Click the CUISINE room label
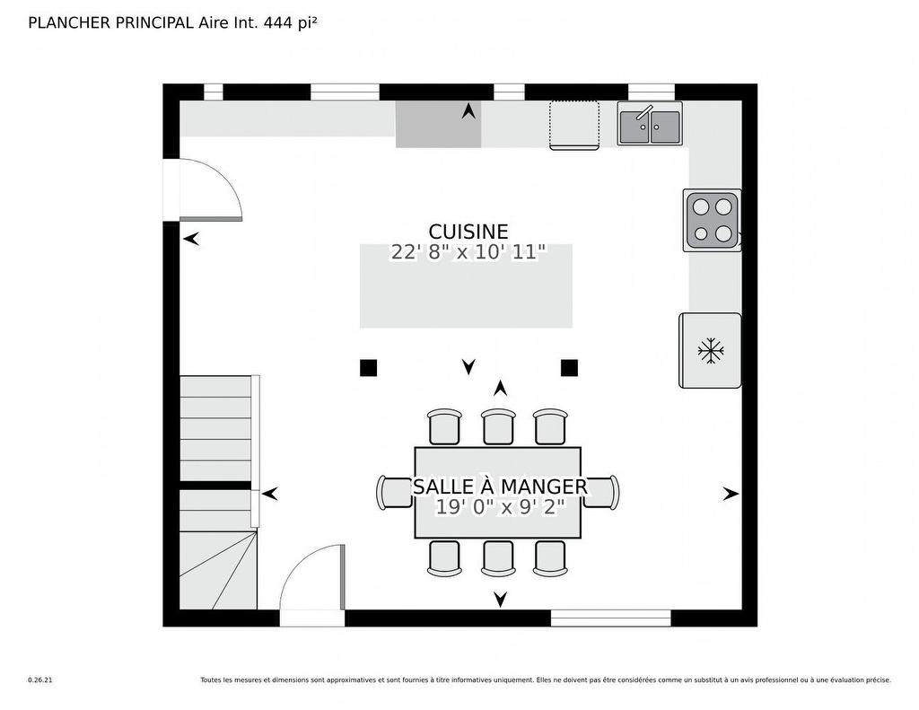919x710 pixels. pos(468,232)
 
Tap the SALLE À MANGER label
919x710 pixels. pos(500,486)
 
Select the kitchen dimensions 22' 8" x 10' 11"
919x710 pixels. pos(468,252)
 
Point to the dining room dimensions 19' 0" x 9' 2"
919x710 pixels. pos(500,507)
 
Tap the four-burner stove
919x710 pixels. pos(712,221)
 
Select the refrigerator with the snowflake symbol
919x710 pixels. pos(710,350)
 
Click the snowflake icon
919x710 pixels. pos(711,350)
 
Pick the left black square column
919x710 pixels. pos(368,367)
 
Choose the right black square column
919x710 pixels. pos(569,367)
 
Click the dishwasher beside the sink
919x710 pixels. pos(574,125)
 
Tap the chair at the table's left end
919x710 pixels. pos(396,492)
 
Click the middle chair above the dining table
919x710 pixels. pos(498,427)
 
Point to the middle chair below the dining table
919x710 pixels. pos(498,557)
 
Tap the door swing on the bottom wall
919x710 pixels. pos(312,579)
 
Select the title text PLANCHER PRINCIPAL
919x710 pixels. pos(111,23)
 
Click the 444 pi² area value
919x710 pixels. pos(290,23)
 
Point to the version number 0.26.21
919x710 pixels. pos(40,680)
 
